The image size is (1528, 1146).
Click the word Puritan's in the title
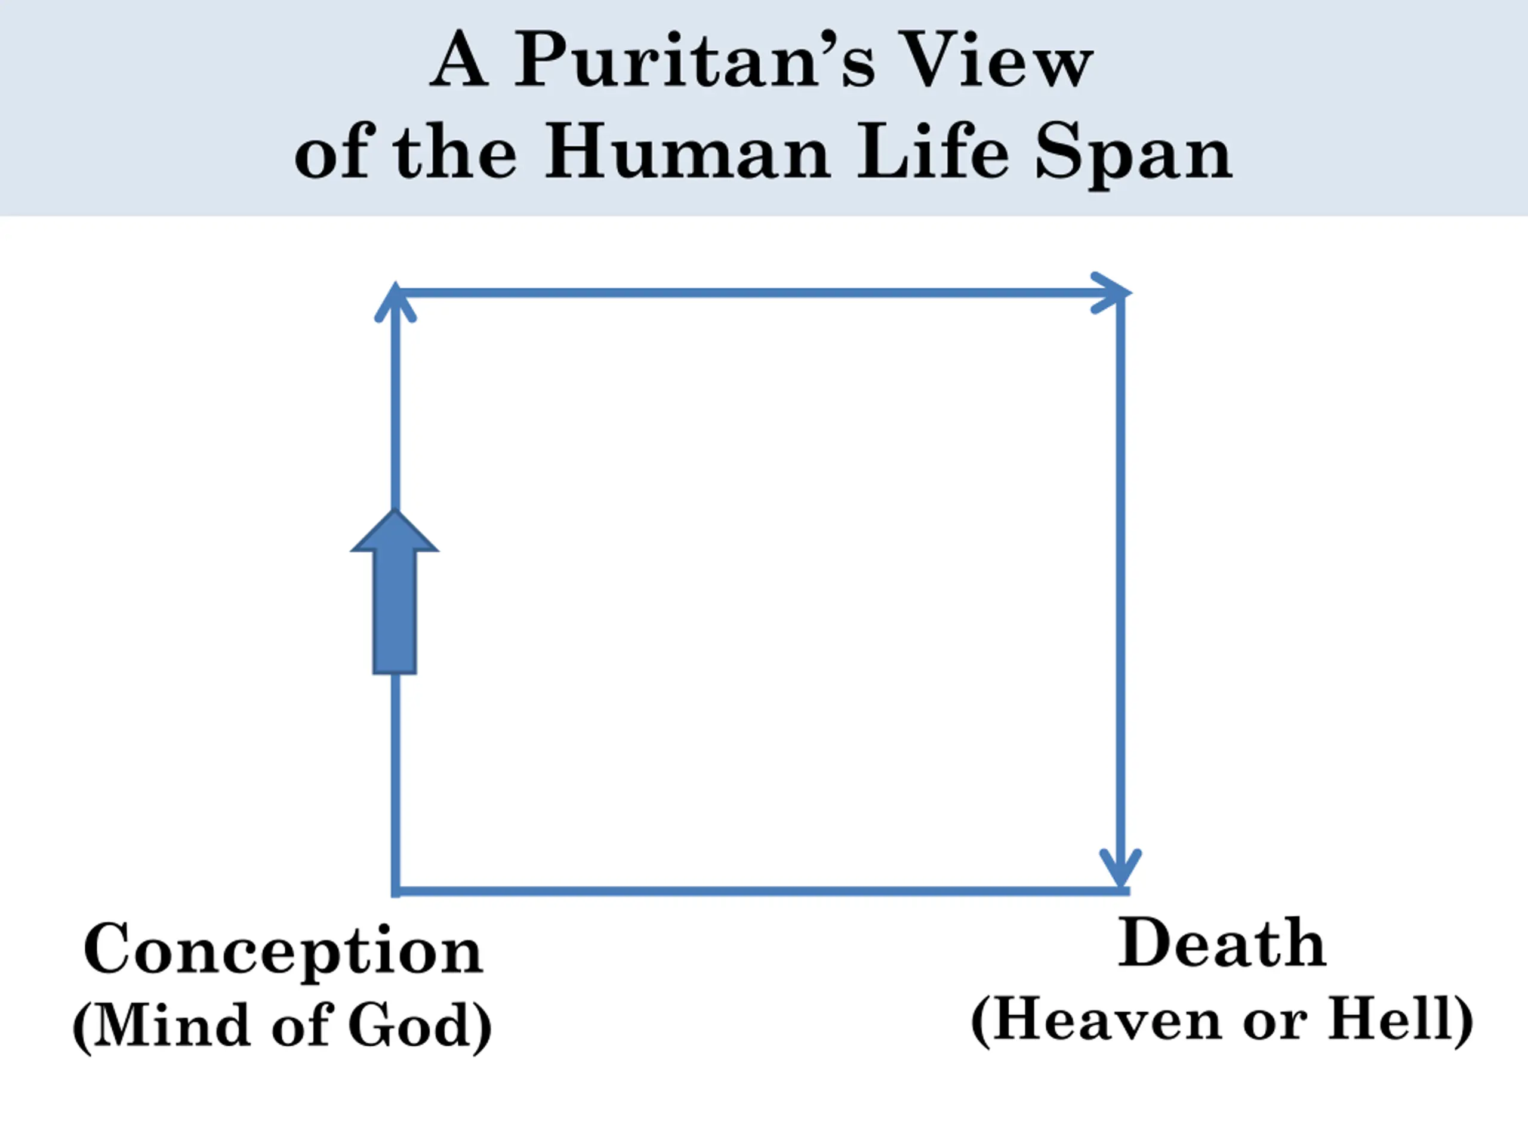(695, 61)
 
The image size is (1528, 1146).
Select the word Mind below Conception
(171, 1026)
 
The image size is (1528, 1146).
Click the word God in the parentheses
(409, 1026)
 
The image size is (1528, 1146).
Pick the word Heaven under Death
(1108, 1020)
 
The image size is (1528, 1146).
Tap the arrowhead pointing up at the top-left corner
(395, 303)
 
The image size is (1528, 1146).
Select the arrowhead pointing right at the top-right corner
(1111, 293)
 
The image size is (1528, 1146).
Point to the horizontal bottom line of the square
(760, 892)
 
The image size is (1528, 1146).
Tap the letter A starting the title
(458, 61)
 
